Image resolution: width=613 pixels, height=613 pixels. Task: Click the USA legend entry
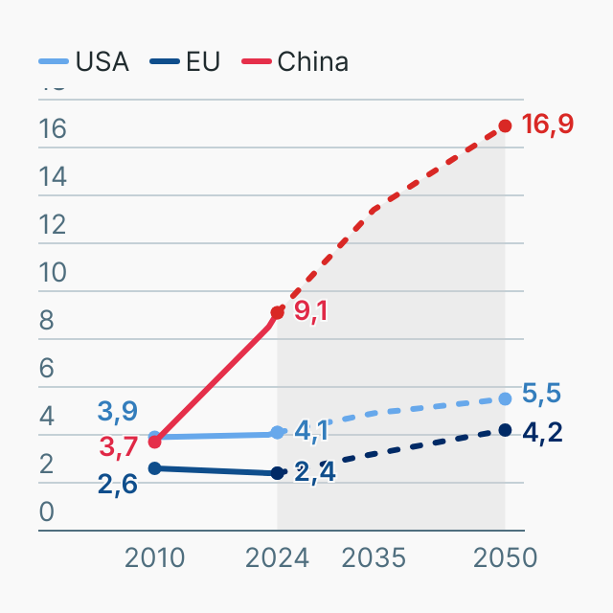[84, 62]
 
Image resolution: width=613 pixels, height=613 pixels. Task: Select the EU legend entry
[186, 62]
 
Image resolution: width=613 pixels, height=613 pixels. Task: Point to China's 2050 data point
[505, 126]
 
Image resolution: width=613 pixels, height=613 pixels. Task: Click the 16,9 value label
[548, 124]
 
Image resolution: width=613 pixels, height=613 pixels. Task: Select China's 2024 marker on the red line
[278, 312]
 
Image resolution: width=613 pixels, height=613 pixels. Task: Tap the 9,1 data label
[311, 311]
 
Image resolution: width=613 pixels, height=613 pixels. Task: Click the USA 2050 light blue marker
[505, 398]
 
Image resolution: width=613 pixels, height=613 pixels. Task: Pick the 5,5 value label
[542, 394]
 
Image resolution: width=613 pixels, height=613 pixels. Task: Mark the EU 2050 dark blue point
[505, 430]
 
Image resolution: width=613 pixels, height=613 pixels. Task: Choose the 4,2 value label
[542, 432]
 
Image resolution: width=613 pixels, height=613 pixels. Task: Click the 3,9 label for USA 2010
[118, 412]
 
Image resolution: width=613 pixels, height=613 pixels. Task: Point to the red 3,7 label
[118, 446]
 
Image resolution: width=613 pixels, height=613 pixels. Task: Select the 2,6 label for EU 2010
[118, 484]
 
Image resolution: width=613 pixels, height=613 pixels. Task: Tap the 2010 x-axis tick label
[155, 557]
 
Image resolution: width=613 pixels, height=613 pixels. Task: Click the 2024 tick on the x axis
[278, 557]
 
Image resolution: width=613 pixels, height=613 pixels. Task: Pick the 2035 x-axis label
[375, 557]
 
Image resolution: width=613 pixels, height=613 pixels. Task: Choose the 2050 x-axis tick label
[505, 557]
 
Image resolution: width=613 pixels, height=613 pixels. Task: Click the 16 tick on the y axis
[53, 129]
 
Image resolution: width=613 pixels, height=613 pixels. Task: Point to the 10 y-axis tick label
[53, 273]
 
